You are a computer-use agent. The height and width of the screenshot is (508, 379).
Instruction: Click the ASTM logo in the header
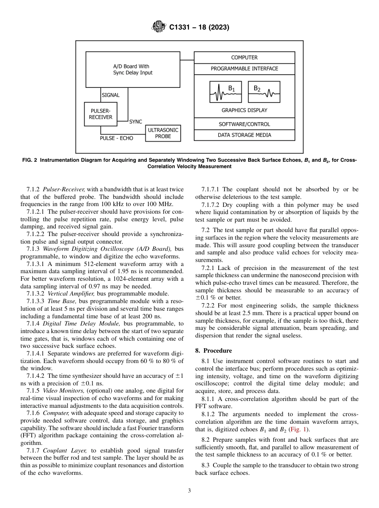coord(159,27)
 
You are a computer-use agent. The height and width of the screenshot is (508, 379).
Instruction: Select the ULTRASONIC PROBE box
coord(163,133)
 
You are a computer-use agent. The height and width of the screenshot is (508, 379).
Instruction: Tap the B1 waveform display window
coord(226,92)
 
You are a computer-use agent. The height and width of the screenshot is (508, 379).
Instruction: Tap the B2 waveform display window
coord(264,92)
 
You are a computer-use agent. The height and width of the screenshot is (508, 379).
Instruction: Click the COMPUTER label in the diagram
coord(244,58)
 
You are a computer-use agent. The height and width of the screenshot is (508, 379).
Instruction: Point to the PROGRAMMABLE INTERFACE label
coord(244,69)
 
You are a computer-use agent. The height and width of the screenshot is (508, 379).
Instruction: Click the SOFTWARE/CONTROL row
coord(244,124)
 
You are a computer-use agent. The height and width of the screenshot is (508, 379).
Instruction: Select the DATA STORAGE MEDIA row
coord(244,135)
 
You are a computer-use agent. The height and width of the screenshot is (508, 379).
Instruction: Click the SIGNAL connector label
coord(111,95)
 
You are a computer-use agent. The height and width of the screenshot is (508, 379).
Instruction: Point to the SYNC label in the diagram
coord(136,122)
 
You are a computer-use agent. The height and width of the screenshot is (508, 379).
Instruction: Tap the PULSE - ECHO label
coord(116,138)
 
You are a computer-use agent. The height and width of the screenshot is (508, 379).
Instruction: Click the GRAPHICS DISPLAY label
coord(244,110)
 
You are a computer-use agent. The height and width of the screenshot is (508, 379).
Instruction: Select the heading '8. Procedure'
coord(213,351)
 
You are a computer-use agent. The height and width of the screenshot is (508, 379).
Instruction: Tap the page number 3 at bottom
coord(189,491)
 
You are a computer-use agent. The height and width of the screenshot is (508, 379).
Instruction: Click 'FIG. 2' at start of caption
coord(30,160)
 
